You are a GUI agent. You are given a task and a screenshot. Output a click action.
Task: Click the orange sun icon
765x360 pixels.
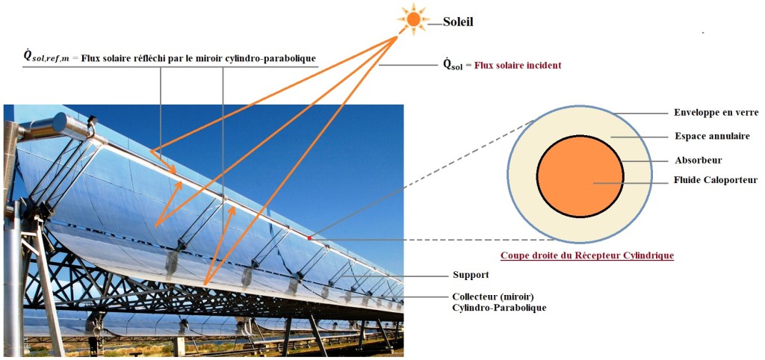point(413,19)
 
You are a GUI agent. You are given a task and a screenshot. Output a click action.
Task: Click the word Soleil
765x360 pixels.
point(459,22)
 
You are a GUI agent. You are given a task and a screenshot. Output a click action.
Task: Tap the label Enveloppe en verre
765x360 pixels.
point(711,113)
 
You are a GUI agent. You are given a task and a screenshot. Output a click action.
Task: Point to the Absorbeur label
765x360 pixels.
point(698,160)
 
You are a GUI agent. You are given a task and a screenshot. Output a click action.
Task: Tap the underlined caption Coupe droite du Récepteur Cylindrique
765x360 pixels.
point(586,255)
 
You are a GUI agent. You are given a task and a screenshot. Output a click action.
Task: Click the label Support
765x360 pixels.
point(471,275)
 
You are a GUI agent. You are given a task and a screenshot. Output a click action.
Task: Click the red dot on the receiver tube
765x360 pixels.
point(308,237)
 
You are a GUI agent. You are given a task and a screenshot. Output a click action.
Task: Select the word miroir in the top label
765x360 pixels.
point(222,57)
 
